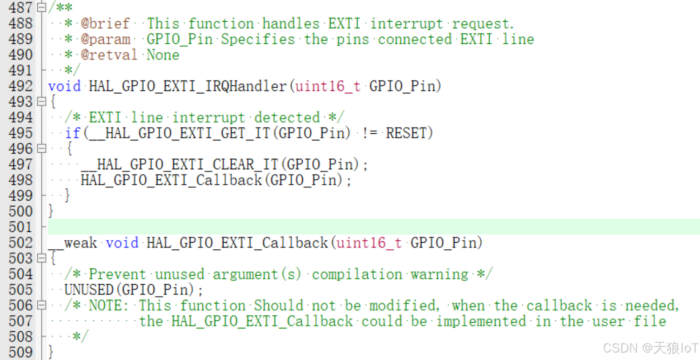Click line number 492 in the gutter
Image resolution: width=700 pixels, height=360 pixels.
pos(21,86)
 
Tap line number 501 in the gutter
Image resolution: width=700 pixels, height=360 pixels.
pos(21,227)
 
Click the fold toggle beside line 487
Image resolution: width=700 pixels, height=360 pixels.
pos(41,8)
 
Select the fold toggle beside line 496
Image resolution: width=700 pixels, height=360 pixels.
pos(41,148)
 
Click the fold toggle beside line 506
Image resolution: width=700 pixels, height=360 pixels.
pos(41,305)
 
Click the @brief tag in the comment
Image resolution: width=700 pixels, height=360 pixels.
pos(105,24)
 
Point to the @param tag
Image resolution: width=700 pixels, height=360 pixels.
pos(105,39)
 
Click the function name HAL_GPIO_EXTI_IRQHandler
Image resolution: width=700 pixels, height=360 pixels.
pos(188,86)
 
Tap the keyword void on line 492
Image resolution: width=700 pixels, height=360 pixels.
pos(64,86)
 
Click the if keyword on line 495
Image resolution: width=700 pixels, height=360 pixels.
pos(73,133)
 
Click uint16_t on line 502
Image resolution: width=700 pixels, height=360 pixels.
pos(369,243)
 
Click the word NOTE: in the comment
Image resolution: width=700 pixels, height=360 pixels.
pos(109,305)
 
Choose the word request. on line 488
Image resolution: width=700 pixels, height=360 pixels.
pos(483,24)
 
